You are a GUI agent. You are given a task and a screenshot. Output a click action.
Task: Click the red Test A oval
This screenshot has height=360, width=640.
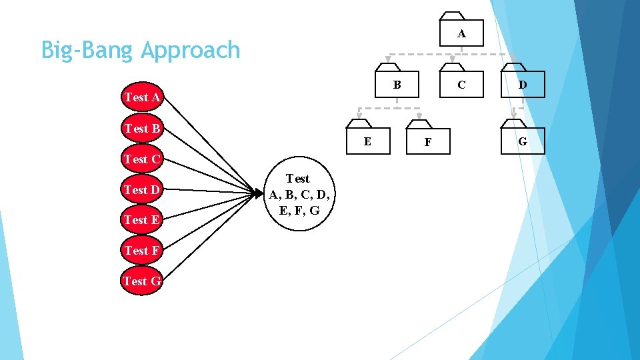point(142,97)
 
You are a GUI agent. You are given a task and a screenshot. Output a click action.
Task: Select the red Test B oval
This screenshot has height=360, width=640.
point(142,128)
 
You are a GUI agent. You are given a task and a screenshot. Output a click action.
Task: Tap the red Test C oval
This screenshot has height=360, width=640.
point(142,159)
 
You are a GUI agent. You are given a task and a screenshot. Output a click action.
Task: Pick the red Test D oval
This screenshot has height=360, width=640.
point(142,190)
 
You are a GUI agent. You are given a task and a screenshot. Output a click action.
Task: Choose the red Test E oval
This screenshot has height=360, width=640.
point(142,220)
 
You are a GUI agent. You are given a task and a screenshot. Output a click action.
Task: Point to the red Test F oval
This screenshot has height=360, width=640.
point(142,251)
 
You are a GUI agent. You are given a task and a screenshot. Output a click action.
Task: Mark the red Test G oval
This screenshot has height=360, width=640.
point(142,281)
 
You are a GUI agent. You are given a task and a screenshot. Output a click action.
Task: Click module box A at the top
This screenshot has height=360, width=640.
point(461,33)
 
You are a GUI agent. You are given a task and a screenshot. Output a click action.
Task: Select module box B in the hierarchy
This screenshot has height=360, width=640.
point(397,85)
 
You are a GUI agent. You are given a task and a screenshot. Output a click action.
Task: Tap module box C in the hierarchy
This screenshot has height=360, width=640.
point(461,85)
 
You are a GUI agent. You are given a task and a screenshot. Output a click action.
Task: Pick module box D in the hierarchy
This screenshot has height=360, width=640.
point(523,85)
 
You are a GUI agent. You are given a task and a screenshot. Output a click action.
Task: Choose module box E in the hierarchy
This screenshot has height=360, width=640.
point(367,141)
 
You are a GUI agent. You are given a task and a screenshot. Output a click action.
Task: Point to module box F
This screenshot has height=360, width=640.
point(427,141)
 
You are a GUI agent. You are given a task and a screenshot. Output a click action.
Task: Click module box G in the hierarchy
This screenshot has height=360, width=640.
point(523,141)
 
